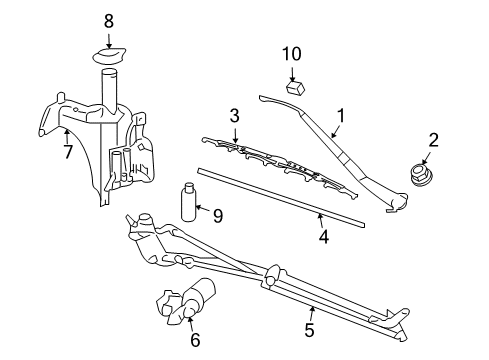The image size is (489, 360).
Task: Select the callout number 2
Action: point(433,140)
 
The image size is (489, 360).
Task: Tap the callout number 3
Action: point(234,117)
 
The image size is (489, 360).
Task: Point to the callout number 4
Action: point(323,238)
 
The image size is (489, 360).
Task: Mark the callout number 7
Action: point(67,153)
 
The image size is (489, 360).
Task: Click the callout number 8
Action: point(109,19)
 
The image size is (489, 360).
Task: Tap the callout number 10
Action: point(291,53)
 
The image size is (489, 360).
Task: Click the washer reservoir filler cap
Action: point(109,57)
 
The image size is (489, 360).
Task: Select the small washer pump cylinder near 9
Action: point(188,202)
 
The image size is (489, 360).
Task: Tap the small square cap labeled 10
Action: point(294,88)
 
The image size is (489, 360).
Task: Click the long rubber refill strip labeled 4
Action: point(280,196)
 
